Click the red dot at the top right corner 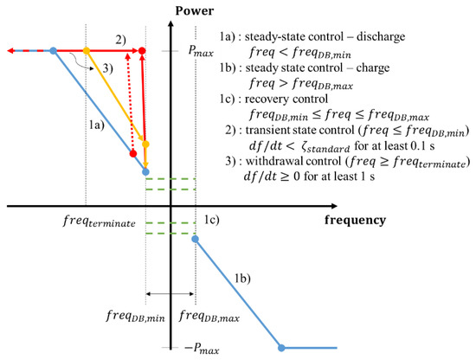(142, 51)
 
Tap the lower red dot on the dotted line (132, 155)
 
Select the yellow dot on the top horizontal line (86, 51)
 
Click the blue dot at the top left (54, 51)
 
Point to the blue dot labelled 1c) (195, 239)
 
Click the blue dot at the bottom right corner (281, 348)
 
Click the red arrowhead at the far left (6, 51)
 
